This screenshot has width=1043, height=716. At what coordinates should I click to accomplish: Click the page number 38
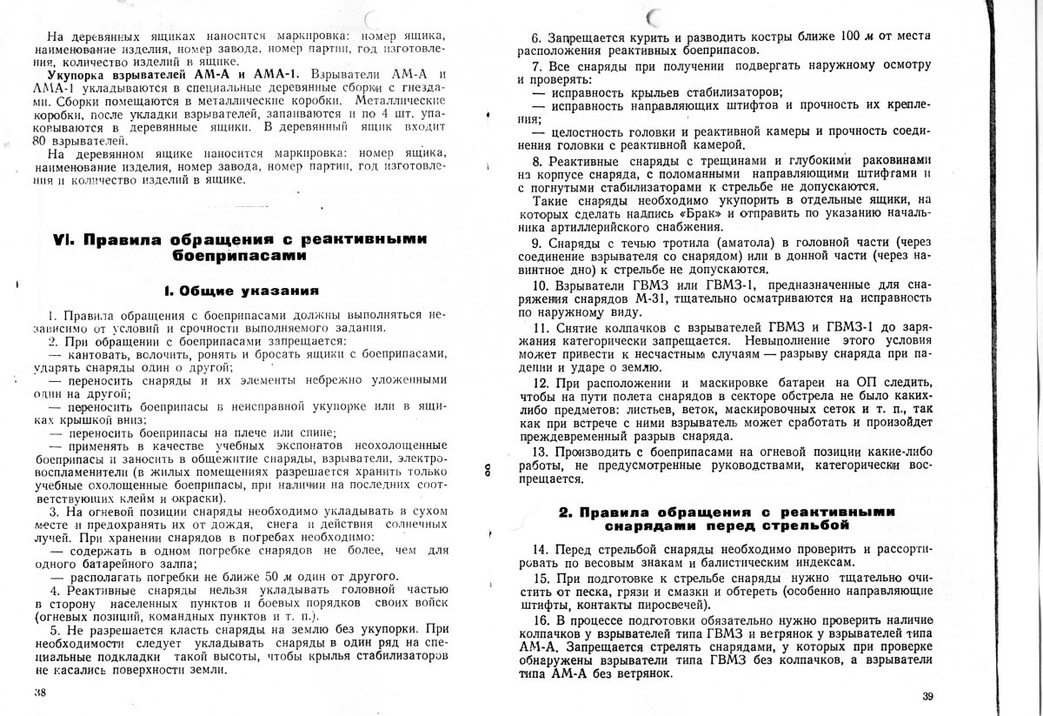click(39, 693)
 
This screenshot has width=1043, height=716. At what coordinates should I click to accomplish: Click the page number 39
click(927, 696)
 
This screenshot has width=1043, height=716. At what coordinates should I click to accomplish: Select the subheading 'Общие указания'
click(241, 290)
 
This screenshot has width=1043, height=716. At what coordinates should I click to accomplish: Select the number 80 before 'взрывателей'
click(36, 141)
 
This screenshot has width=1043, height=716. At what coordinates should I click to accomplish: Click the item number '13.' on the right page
click(539, 452)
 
